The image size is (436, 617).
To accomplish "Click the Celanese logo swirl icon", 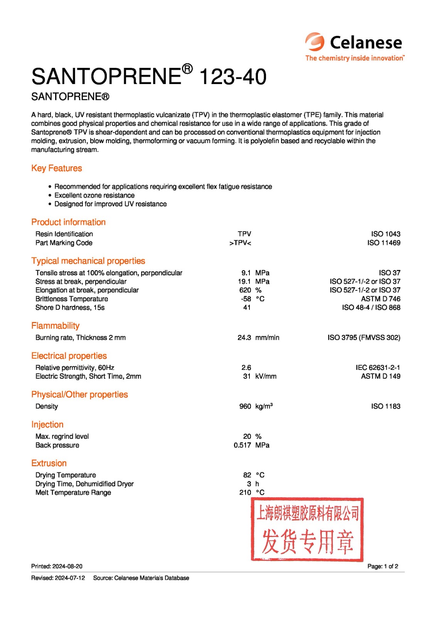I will [x=315, y=42].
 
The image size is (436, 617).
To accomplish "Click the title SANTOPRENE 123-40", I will [x=149, y=76].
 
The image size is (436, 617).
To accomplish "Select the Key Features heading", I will [x=57, y=168].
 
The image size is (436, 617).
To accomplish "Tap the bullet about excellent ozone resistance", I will [x=94, y=195].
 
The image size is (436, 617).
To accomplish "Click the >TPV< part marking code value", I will [x=240, y=243].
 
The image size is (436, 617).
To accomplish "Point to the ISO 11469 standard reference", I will [x=384, y=243].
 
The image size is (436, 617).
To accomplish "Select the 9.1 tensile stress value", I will [x=246, y=273].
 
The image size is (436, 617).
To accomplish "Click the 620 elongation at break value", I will [x=245, y=290].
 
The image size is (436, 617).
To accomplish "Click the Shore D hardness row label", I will [x=70, y=307].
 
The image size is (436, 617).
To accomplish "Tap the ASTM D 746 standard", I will [x=380, y=299].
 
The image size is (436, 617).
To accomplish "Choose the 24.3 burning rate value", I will [x=244, y=337].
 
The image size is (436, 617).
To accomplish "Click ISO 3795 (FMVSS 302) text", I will [x=364, y=337].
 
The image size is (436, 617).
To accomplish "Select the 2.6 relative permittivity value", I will [x=246, y=368].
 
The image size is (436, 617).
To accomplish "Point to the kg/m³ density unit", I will [x=264, y=406].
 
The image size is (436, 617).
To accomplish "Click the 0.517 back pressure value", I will [x=242, y=445].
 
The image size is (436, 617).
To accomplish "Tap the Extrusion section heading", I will [x=49, y=463].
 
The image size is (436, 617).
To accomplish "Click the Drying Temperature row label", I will [x=66, y=475].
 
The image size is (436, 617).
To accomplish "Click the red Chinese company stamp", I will [x=307, y=529].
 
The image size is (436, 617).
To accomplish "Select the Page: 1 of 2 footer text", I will [x=382, y=566].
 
